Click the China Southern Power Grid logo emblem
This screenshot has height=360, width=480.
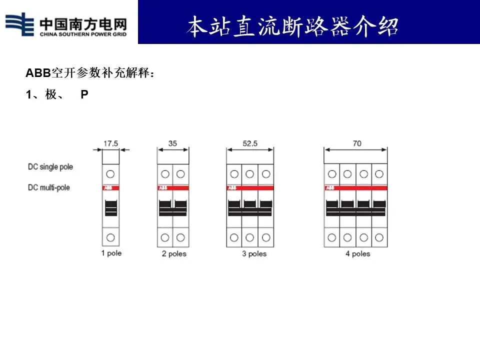click(x=20, y=24)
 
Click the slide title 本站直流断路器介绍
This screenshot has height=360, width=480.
click(x=292, y=26)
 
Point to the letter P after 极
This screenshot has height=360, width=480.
click(x=84, y=95)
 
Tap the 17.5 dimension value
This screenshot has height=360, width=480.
click(x=110, y=143)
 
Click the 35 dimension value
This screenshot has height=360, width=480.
click(x=172, y=143)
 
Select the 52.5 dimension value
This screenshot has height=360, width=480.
click(x=249, y=143)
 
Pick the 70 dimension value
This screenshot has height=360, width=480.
click(x=356, y=143)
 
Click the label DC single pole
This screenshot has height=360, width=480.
click(x=50, y=166)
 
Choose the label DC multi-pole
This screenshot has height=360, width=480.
click(x=48, y=187)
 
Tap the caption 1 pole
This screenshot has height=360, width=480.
click(x=111, y=253)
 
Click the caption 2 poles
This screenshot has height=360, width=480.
click(x=173, y=253)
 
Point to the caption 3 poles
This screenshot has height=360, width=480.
click(x=254, y=253)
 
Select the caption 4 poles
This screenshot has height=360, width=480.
click(x=357, y=253)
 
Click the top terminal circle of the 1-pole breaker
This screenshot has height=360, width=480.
click(x=111, y=173)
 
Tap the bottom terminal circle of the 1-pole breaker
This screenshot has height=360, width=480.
click(x=111, y=237)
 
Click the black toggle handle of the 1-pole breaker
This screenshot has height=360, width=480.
click(x=111, y=207)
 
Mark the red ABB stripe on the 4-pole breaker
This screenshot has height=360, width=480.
click(x=355, y=188)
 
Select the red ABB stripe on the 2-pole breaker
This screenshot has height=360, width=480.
click(x=173, y=188)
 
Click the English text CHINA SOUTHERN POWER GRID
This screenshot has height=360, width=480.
click(x=82, y=34)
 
